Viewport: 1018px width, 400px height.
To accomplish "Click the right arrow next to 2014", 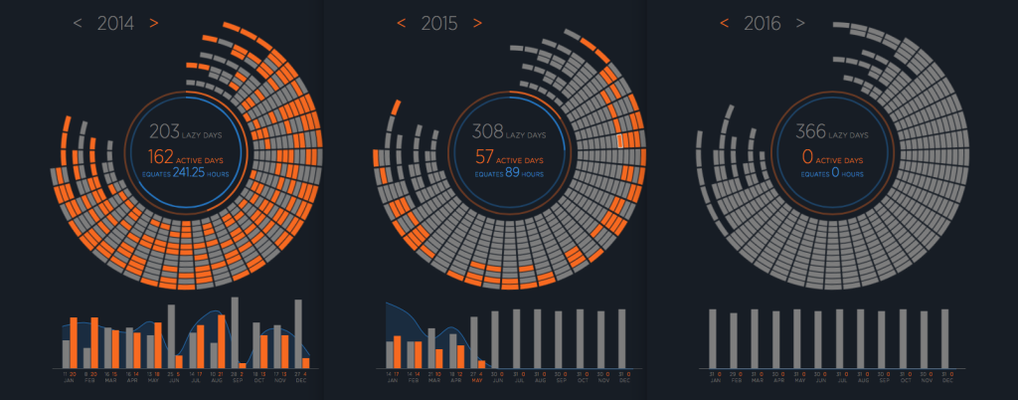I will click(154, 23).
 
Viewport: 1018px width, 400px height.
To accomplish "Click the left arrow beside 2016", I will click(724, 23).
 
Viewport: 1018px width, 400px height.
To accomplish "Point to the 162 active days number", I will click(161, 156).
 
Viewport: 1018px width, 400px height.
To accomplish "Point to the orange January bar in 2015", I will click(398, 351).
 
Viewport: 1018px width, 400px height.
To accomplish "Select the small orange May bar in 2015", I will click(482, 363).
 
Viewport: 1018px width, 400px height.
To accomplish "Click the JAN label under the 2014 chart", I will click(69, 381).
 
